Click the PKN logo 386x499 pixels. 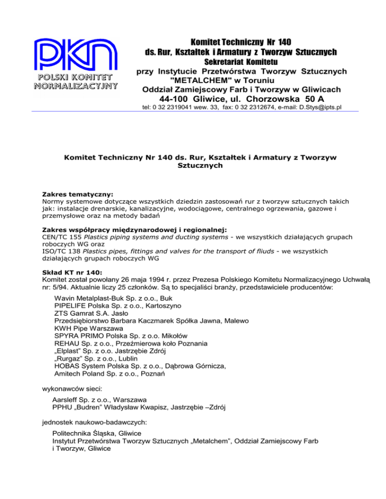pos(75,64)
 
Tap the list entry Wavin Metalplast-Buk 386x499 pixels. pos(85,298)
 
